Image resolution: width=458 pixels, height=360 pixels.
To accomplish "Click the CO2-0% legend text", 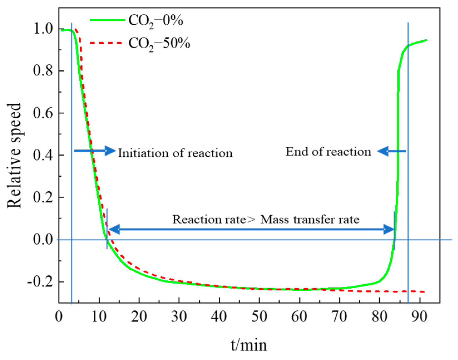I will point(156,21).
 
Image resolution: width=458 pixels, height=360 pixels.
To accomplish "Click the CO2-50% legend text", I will point(159,44).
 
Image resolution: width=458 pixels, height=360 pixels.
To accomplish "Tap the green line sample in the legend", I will point(107,20).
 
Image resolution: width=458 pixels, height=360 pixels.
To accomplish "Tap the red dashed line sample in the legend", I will point(106,43).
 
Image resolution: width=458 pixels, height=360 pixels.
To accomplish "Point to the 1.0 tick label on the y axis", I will point(43,29).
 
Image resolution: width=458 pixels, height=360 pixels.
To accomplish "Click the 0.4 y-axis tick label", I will point(43,155).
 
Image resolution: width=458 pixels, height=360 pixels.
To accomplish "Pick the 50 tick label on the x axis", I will point(259,317).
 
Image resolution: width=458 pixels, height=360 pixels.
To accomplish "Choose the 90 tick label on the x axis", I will point(419,317).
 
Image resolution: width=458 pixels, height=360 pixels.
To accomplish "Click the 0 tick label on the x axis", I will point(59,317).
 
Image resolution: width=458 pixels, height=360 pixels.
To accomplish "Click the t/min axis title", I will point(249,345).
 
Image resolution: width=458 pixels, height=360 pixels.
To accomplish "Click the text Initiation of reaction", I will point(175,153).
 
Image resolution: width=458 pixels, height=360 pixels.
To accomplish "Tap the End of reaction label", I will point(328,152).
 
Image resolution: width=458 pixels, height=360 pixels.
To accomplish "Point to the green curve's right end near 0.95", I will point(426,40).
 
